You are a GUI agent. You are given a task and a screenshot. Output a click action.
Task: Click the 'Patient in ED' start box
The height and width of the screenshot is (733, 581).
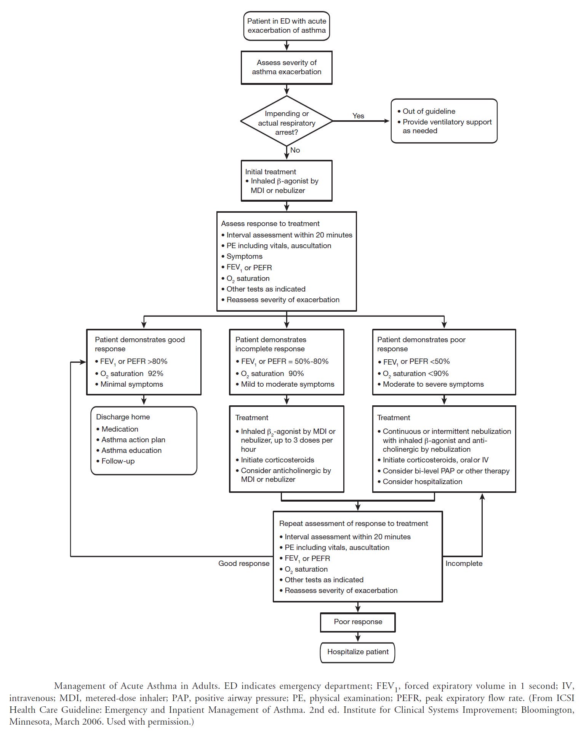click(x=286, y=26)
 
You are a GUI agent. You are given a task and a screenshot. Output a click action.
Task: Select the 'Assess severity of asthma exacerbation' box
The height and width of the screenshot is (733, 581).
click(x=286, y=67)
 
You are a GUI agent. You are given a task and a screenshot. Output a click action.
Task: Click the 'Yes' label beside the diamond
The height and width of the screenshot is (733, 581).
click(x=358, y=116)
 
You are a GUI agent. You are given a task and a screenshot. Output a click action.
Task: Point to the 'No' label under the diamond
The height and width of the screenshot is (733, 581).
click(x=295, y=150)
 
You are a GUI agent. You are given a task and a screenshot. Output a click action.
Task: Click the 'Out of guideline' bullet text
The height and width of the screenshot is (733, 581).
click(x=429, y=112)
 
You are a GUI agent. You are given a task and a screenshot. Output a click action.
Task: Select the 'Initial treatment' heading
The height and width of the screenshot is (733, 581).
click(x=270, y=172)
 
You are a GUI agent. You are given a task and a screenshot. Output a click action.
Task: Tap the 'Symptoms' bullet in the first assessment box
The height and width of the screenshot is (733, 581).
click(x=244, y=257)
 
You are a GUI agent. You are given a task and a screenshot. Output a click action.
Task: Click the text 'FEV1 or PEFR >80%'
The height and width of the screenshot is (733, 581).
click(x=133, y=362)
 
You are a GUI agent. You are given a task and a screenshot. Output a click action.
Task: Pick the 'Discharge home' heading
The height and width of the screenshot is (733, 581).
click(x=123, y=417)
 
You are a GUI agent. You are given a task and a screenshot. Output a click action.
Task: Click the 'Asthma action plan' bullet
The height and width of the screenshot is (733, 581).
click(x=133, y=440)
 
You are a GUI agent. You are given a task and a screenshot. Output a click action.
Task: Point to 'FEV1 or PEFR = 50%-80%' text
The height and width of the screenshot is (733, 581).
click(x=285, y=362)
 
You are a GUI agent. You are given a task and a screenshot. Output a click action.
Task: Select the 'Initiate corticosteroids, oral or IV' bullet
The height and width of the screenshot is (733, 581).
click(x=435, y=460)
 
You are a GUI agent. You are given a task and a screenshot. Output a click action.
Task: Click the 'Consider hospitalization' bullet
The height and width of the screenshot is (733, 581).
click(x=422, y=481)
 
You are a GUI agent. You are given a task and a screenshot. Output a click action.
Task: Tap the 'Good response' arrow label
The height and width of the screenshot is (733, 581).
click(x=244, y=563)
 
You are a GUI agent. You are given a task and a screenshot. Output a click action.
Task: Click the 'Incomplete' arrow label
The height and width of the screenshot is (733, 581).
click(x=464, y=563)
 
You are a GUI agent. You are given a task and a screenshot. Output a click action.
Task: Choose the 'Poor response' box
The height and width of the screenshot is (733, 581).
click(x=358, y=622)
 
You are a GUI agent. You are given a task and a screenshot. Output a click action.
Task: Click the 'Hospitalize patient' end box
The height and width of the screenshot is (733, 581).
click(x=358, y=652)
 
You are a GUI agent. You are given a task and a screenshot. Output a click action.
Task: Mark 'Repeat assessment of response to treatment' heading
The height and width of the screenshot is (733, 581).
click(x=353, y=523)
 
